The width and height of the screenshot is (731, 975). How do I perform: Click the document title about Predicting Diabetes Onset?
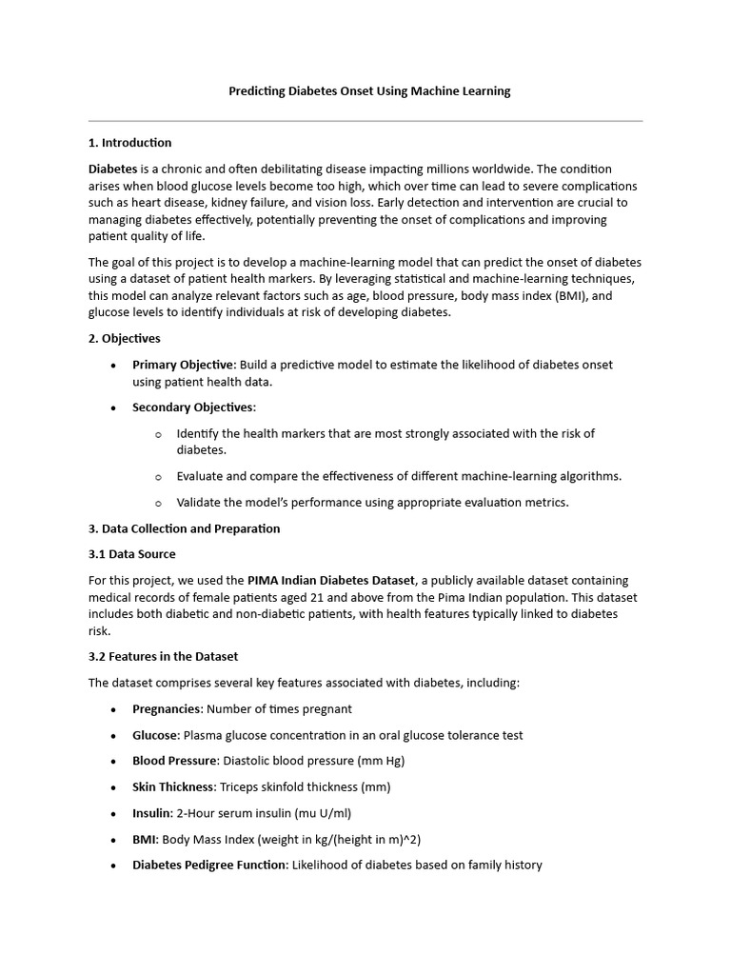(x=369, y=91)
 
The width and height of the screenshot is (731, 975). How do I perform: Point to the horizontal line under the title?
(x=365, y=121)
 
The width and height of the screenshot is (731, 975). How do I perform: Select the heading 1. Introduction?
(x=130, y=143)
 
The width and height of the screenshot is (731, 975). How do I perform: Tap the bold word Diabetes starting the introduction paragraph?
(x=112, y=169)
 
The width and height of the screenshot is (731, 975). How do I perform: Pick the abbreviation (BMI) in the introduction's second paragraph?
(x=569, y=296)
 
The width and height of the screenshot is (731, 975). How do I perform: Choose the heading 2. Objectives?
(x=125, y=338)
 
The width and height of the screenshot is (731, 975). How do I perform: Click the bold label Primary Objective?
(x=183, y=365)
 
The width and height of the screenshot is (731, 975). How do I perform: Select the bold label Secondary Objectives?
(x=193, y=408)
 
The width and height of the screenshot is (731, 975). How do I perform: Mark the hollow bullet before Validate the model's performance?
(x=158, y=503)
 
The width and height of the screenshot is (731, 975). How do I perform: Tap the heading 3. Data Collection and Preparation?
(x=185, y=528)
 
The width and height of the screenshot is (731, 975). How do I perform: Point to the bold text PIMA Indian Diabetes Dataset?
(x=331, y=580)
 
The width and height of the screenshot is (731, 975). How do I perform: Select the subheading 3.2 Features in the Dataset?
(x=164, y=656)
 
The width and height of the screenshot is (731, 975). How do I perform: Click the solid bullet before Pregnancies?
(x=114, y=709)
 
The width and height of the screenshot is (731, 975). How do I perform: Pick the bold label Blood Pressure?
(x=175, y=761)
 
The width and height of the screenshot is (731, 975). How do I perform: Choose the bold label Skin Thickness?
(x=174, y=786)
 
